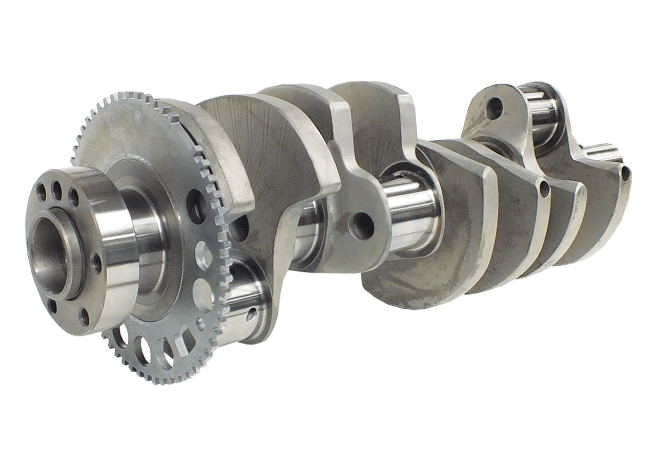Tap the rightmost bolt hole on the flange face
95,263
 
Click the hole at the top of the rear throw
494,107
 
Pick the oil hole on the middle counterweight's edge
545,189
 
